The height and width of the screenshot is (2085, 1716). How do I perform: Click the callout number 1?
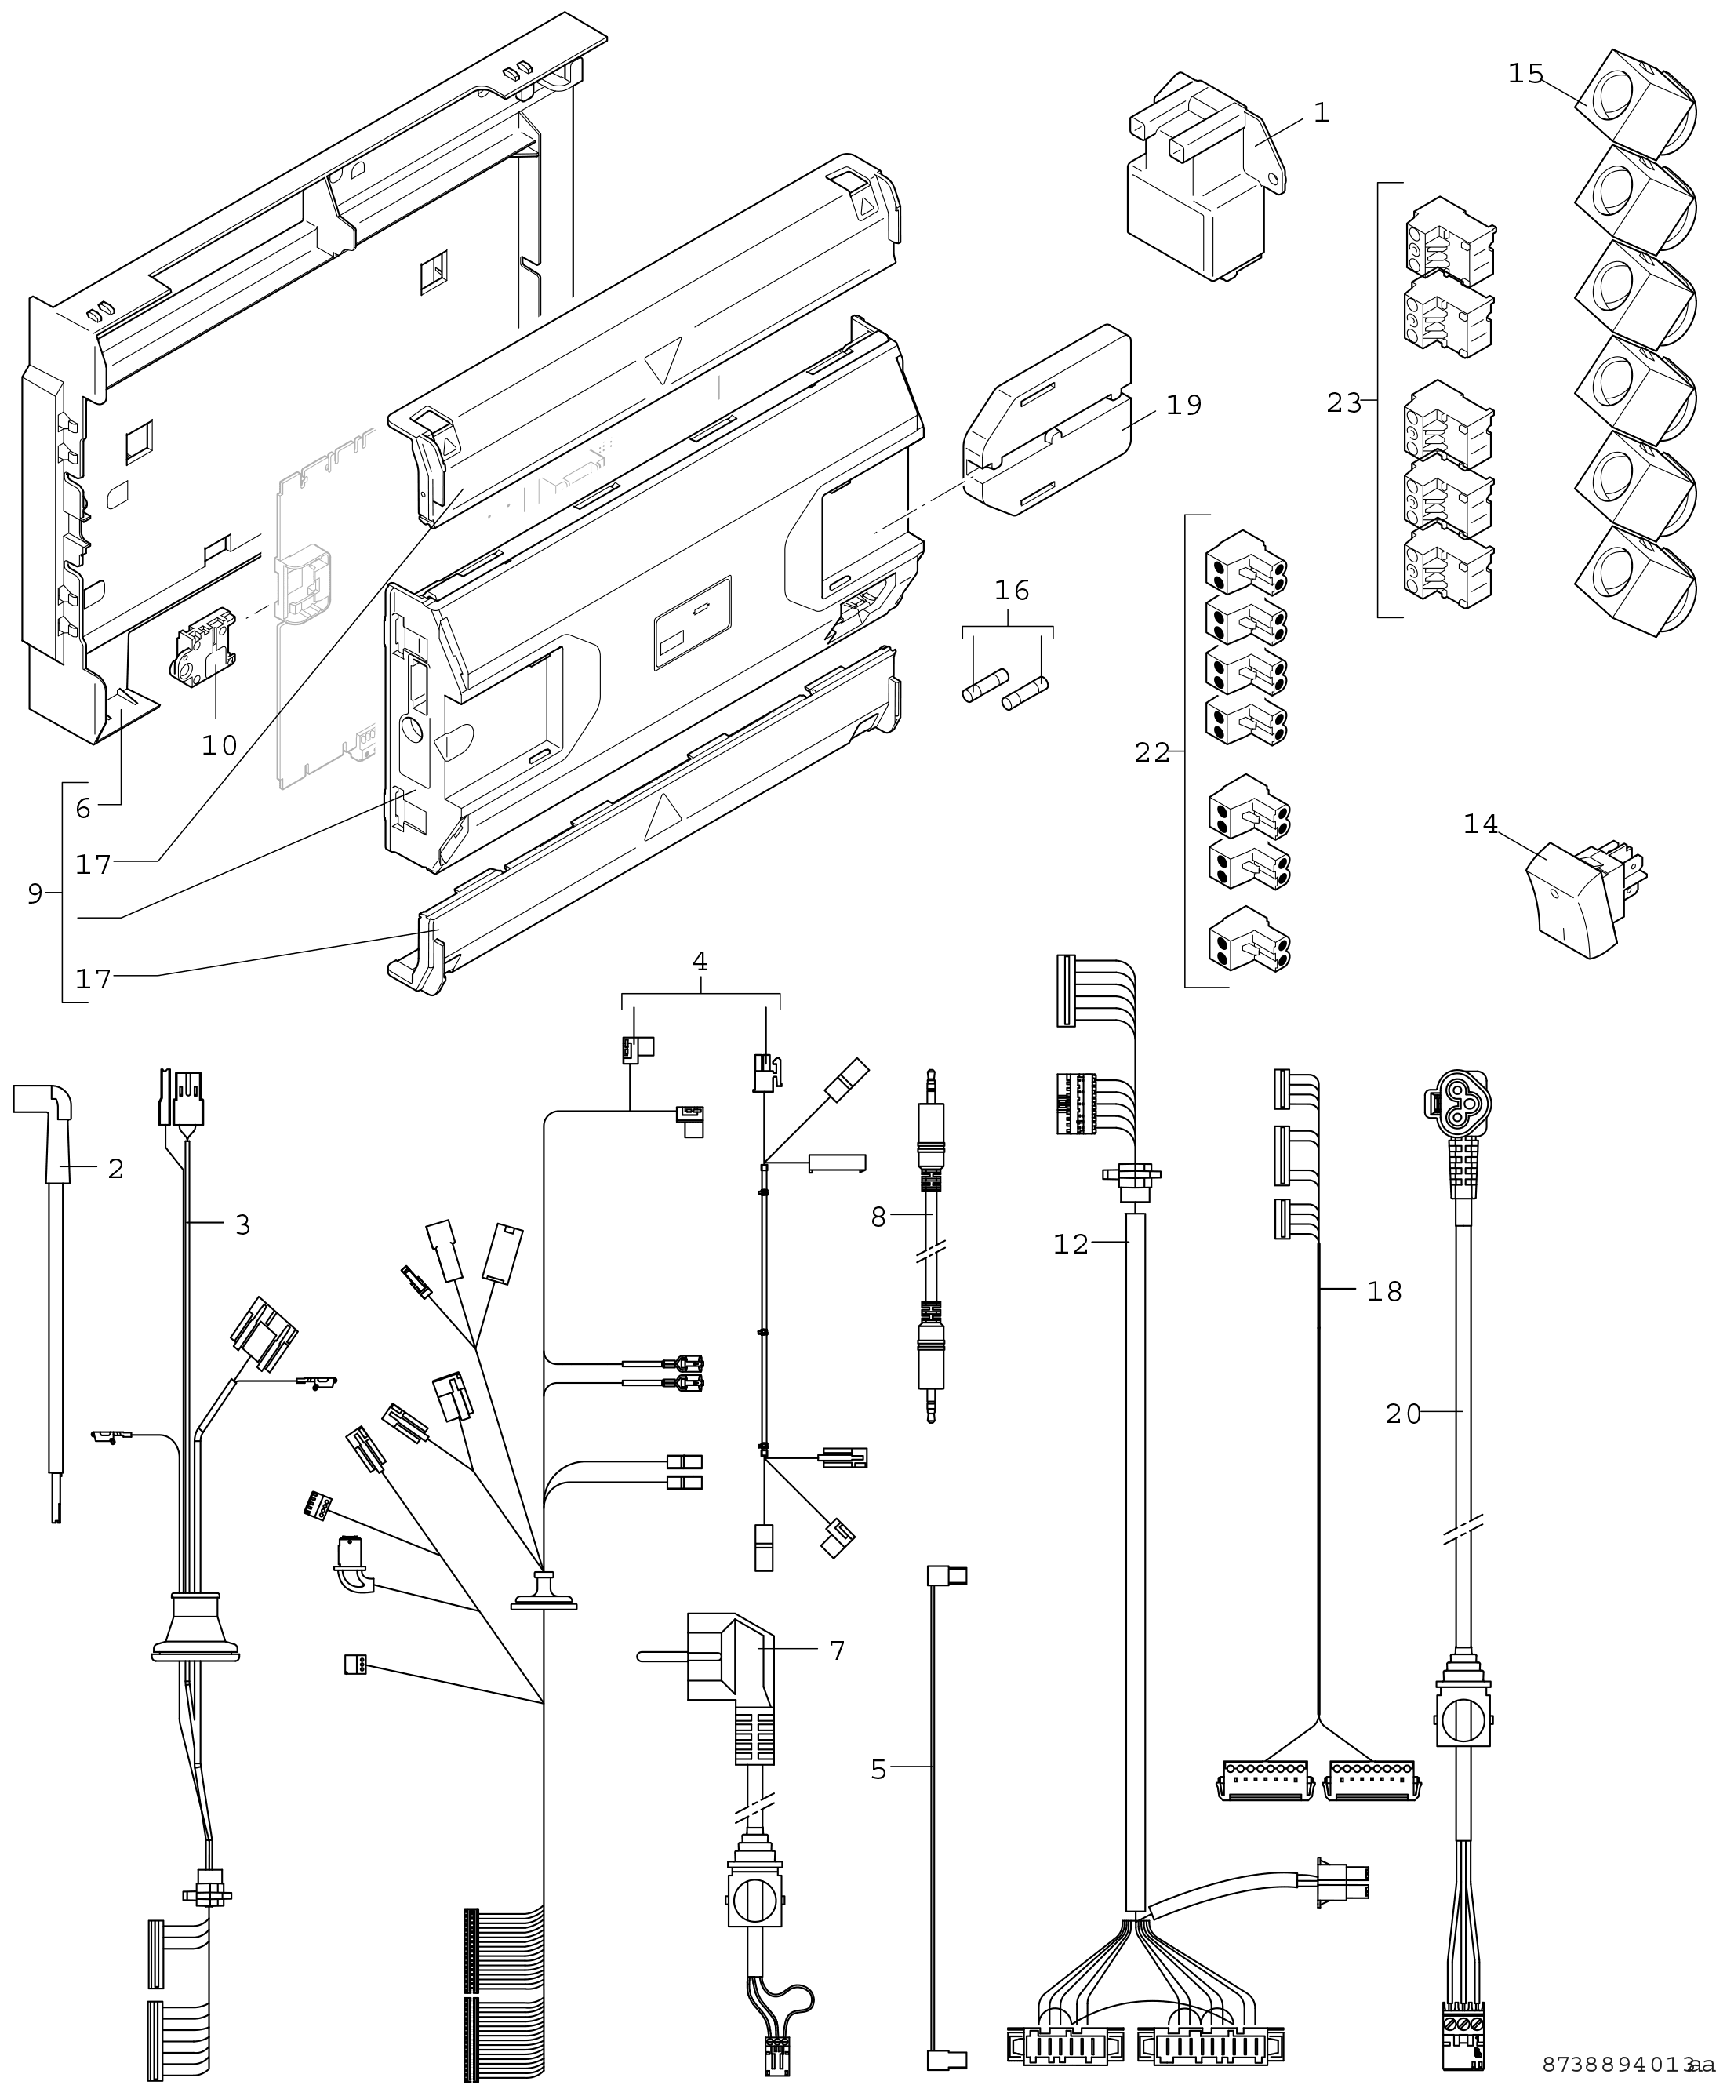pos(1322,113)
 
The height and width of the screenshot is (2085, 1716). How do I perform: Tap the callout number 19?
pos(1183,406)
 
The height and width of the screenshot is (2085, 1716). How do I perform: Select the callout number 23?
pos(1344,403)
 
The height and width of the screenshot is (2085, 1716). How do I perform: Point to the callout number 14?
pos(1481,824)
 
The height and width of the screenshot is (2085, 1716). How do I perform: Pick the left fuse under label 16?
pos(984,684)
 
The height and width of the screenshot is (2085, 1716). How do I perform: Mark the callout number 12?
pos(1071,1243)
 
